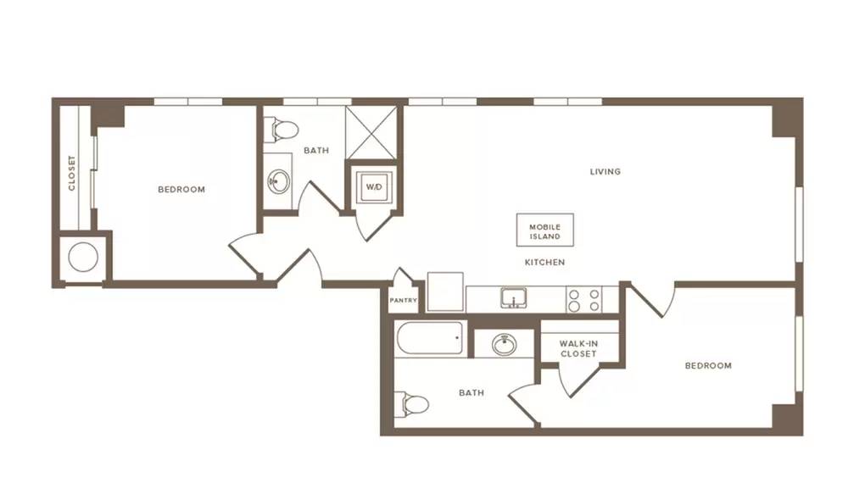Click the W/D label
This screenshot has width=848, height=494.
click(x=374, y=187)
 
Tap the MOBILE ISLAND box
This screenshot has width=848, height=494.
click(x=544, y=230)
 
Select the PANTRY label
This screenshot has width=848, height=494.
click(x=404, y=301)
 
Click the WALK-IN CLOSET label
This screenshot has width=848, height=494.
click(x=578, y=348)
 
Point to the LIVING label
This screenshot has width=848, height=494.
click(x=605, y=171)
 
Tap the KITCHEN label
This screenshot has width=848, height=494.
click(x=544, y=262)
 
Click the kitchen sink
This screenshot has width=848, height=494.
click(x=513, y=297)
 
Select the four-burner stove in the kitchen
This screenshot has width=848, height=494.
click(x=584, y=300)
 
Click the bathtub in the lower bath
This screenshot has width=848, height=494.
click(x=430, y=338)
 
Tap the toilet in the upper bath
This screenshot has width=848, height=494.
click(x=281, y=130)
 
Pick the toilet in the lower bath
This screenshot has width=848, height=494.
click(x=411, y=404)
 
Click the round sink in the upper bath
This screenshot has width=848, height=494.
click(x=279, y=181)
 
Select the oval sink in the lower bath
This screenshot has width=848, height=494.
click(x=504, y=344)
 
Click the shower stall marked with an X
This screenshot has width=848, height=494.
click(x=371, y=133)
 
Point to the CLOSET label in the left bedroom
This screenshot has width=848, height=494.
click(x=71, y=173)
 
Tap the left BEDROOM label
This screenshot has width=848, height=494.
click(x=181, y=189)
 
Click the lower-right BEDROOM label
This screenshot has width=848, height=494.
click(x=708, y=365)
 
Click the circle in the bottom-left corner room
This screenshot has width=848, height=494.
click(x=83, y=257)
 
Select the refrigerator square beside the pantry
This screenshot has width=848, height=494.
click(x=445, y=291)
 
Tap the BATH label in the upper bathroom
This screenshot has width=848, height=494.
click(x=316, y=150)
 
